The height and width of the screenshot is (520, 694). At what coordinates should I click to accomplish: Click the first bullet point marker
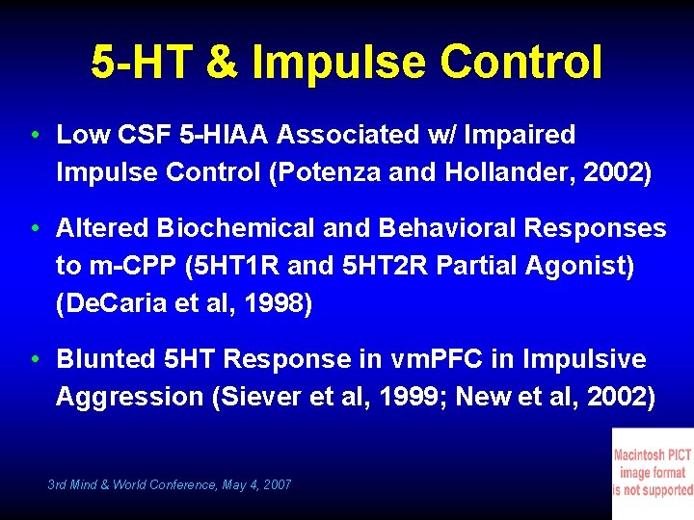coord(35,135)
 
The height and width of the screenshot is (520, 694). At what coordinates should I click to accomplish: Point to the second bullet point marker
coord(35,228)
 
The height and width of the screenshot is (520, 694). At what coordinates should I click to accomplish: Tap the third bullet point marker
coord(35,359)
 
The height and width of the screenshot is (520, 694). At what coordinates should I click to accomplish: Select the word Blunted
coord(104,359)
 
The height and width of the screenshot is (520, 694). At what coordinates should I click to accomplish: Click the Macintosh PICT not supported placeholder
coord(653,473)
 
